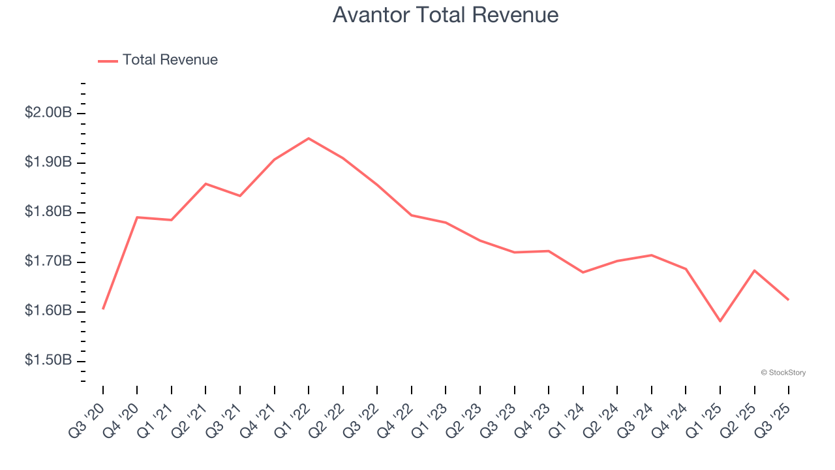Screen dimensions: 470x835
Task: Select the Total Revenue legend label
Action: click(x=170, y=60)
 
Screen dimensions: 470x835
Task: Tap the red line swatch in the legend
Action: click(x=108, y=61)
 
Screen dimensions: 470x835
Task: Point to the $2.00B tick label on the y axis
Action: click(x=48, y=113)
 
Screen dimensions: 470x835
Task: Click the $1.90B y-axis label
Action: click(x=48, y=163)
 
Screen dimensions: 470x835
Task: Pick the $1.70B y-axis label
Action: click(x=48, y=262)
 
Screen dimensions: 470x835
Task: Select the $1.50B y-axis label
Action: click(x=48, y=361)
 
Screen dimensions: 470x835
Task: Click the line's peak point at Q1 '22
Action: click(x=309, y=138)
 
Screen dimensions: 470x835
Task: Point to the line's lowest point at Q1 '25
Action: click(x=720, y=321)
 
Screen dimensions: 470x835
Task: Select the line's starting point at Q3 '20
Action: click(x=103, y=309)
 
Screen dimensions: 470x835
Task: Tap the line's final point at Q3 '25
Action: click(x=789, y=300)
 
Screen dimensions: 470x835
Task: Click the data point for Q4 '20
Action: click(x=137, y=217)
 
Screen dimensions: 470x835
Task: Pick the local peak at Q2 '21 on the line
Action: click(x=205, y=183)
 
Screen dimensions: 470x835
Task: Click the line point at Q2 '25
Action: click(x=755, y=270)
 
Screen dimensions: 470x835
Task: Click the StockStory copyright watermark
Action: click(x=783, y=373)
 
